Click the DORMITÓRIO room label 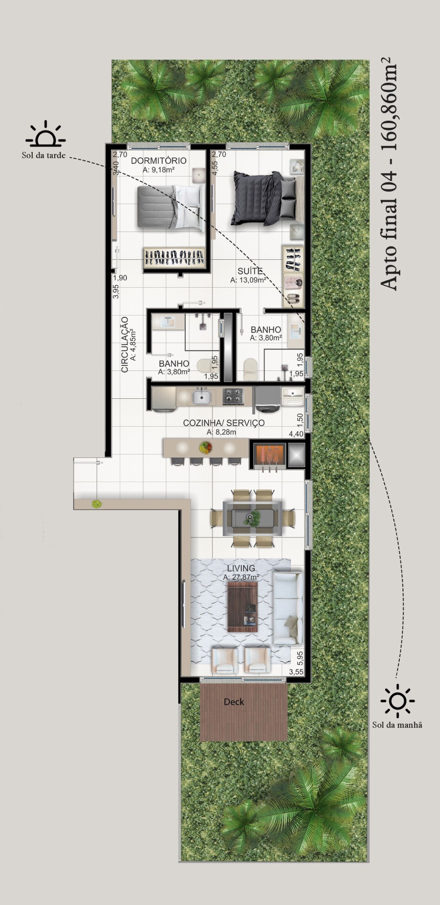coord(159,161)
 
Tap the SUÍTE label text coord(250,271)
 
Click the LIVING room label coord(241,568)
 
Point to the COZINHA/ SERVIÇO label coord(224,422)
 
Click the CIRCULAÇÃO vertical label coord(125,344)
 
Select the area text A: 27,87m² coord(241,578)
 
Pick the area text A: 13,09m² coord(248,280)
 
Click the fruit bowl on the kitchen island coord(206,447)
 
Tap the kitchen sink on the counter coord(201,396)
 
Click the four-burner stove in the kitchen coord(233,396)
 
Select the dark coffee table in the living coord(243,607)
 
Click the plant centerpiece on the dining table coord(254,518)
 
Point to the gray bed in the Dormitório coord(170,208)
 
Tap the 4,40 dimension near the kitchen coord(296,434)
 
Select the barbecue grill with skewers coord(269,456)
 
